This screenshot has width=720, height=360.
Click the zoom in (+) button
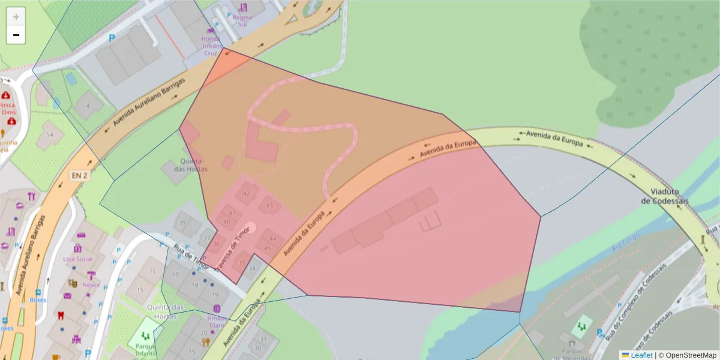[x=16, y=17]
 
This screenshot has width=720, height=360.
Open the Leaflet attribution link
[x=641, y=355]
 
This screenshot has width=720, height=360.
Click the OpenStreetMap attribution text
[x=691, y=355]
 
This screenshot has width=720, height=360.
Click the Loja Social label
[x=77, y=259]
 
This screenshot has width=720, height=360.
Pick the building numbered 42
[x=246, y=193]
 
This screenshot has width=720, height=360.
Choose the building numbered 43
[x=269, y=206]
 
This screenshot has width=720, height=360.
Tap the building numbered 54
[x=50, y=136]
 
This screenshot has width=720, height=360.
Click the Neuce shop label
[x=91, y=285]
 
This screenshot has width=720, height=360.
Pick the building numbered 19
[x=215, y=295]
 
